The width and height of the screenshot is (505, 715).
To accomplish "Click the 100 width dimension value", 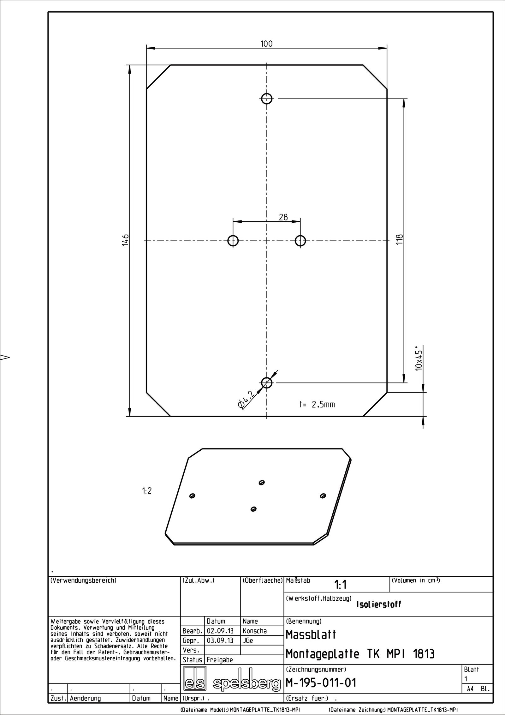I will pos(266,44).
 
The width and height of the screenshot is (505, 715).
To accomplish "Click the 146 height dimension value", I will pos(125,240).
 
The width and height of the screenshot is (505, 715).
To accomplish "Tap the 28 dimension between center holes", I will pos(283,217).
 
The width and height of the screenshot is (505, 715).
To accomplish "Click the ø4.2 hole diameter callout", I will pos(247,400).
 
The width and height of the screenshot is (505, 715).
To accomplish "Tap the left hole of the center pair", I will pos(233,241).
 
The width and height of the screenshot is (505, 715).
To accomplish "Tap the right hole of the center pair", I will pos(300,241).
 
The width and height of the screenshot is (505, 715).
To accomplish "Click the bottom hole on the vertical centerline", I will pos(267,383).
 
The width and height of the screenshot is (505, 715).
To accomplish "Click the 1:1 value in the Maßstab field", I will pos(340,585).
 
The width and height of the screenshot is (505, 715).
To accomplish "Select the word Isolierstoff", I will pos(379,604).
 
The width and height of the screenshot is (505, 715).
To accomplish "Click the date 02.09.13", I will pos(220,631).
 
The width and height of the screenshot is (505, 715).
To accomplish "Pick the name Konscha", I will pos(254,631).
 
